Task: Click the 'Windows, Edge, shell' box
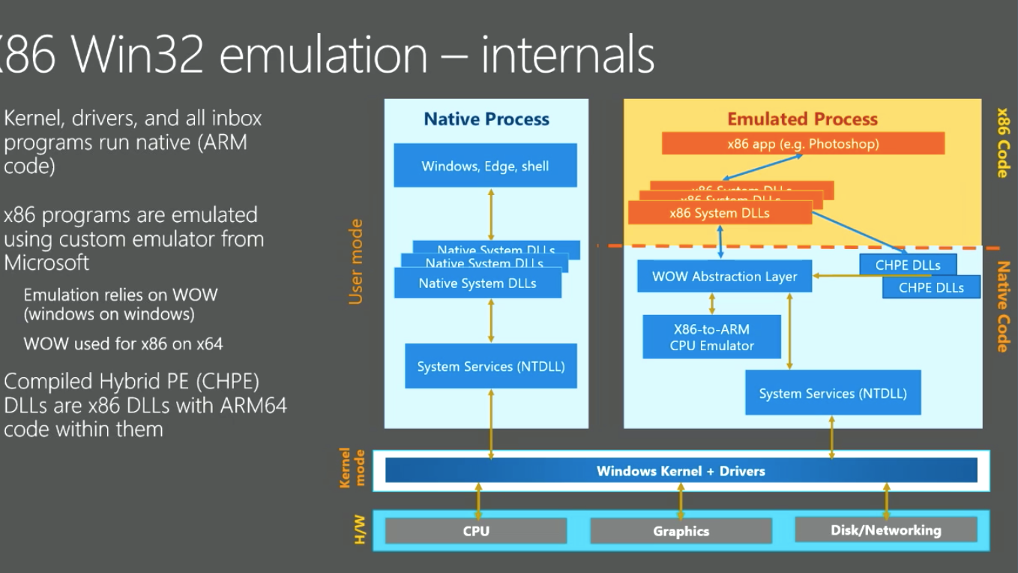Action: [x=485, y=166]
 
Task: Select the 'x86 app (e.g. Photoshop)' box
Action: [x=803, y=143]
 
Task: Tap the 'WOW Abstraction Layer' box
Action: [x=724, y=276]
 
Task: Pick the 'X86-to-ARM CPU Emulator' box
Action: [x=711, y=337]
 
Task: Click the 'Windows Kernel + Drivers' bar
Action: [x=681, y=471]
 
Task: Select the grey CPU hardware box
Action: [x=475, y=531]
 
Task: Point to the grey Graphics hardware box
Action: [x=681, y=531]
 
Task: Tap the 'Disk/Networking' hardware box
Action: [x=885, y=529]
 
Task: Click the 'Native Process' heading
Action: [x=487, y=118]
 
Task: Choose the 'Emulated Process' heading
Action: [x=802, y=118]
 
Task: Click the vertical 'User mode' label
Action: [x=356, y=262]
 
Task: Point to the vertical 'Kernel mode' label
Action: [x=352, y=468]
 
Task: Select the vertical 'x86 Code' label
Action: [x=1002, y=142]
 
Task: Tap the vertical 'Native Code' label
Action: [x=1002, y=306]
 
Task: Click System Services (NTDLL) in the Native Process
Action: [x=491, y=367]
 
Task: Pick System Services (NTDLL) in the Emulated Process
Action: [x=832, y=393]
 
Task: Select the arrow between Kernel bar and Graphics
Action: [x=681, y=501]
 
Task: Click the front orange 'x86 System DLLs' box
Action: [x=720, y=213]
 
